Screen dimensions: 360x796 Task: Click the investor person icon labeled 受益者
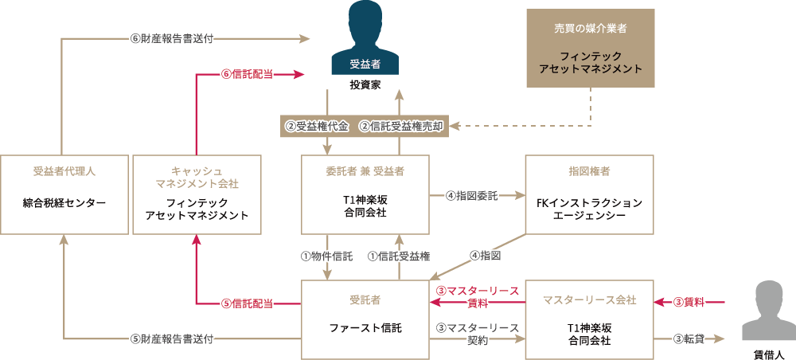(365, 40)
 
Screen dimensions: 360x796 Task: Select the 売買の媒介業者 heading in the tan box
(590, 28)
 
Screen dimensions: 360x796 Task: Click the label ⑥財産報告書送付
(172, 37)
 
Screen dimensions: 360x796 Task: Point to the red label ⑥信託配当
(248, 74)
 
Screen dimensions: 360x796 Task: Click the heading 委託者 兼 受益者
(365, 171)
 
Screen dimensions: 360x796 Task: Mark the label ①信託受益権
(399, 256)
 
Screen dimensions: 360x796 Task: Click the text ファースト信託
(365, 327)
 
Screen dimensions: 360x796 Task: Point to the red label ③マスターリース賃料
(478, 296)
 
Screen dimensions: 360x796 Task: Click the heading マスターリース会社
(590, 299)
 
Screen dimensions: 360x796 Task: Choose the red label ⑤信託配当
(248, 303)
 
